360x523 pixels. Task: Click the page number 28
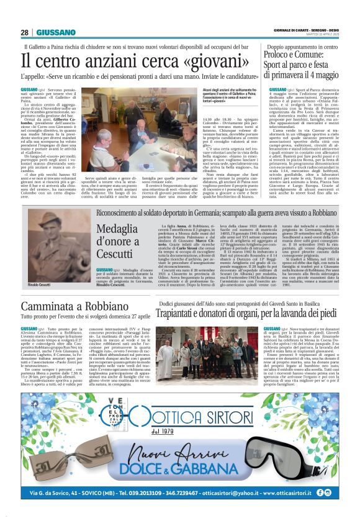[x=24, y=32]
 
